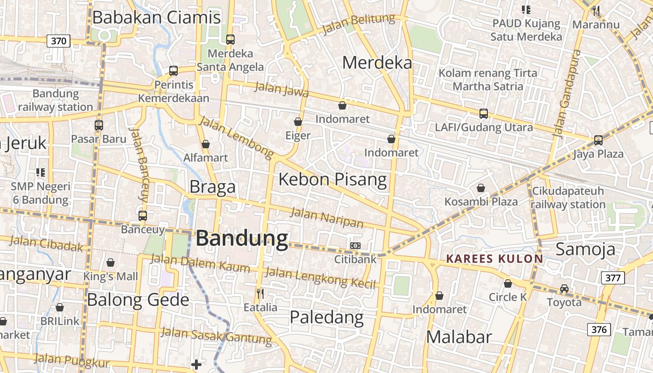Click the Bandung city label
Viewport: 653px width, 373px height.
242,238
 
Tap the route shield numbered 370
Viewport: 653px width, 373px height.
58,41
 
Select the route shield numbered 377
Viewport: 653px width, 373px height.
612,278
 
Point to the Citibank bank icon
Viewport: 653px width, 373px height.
355,245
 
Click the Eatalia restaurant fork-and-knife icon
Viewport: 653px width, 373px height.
260,293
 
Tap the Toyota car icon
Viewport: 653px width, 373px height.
564,289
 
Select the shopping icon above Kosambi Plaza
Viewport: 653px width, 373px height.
481,188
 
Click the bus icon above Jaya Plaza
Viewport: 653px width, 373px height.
598,140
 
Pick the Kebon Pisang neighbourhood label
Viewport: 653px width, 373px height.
333,180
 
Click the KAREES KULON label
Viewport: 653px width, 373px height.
494,259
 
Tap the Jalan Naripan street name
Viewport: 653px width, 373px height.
326,218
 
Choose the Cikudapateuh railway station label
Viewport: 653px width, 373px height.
568,198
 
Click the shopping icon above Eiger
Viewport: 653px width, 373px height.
298,122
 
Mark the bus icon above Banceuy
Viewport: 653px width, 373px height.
143,216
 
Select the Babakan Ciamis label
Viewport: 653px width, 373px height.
156,18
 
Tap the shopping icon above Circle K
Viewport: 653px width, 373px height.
508,283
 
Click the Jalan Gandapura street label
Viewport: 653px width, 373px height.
567,93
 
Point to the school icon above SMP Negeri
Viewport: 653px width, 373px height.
41,173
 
